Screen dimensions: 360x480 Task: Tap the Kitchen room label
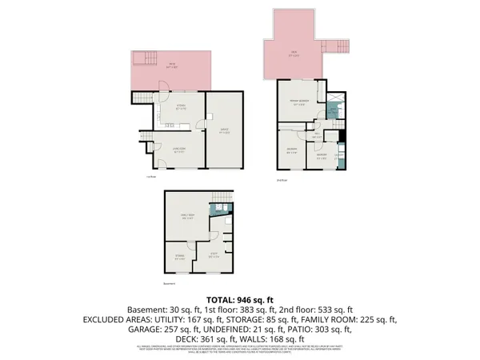click(182, 109)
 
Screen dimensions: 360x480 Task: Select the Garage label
click(225, 134)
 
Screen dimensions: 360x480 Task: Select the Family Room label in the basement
click(188, 217)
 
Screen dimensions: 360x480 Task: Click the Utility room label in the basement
click(214, 256)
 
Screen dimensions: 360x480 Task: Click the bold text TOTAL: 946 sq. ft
click(240, 298)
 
